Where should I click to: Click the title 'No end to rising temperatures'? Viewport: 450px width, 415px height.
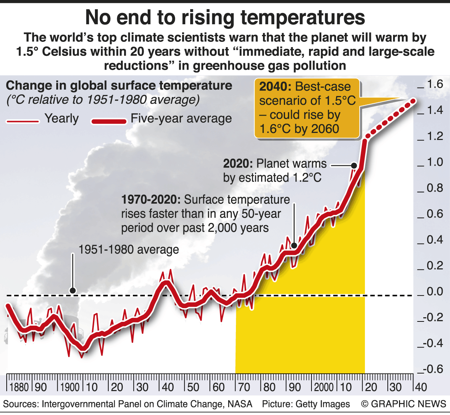pyautogui.click(x=225, y=18)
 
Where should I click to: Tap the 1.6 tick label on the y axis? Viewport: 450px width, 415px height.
pyautogui.click(x=435, y=84)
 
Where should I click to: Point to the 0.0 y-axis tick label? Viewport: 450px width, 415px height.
pyautogui.click(x=435, y=291)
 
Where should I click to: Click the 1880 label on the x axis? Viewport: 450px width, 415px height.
pyautogui.click(x=19, y=387)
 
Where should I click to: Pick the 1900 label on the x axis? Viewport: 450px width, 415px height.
pyautogui.click(x=70, y=387)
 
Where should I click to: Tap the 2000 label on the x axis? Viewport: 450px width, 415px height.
pyautogui.click(x=324, y=387)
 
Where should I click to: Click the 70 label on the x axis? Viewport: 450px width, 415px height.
pyautogui.click(x=244, y=387)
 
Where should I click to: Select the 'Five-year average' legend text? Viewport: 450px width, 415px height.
pyautogui.click(x=181, y=119)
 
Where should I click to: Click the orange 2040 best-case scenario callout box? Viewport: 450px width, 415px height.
pyautogui.click(x=307, y=108)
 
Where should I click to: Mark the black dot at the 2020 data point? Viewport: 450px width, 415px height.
pyautogui.click(x=354, y=165)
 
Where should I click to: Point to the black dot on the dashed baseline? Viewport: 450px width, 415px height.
pyautogui.click(x=72, y=290)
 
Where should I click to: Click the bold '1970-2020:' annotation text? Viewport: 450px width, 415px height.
pyautogui.click(x=151, y=200)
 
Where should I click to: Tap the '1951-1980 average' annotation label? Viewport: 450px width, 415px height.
pyautogui.click(x=128, y=250)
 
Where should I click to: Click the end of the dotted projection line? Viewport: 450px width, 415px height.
pyautogui.click(x=413, y=101)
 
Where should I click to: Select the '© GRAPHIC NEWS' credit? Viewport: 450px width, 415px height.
pyautogui.click(x=404, y=404)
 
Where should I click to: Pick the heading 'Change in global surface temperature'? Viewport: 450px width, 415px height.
pyautogui.click(x=119, y=85)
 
